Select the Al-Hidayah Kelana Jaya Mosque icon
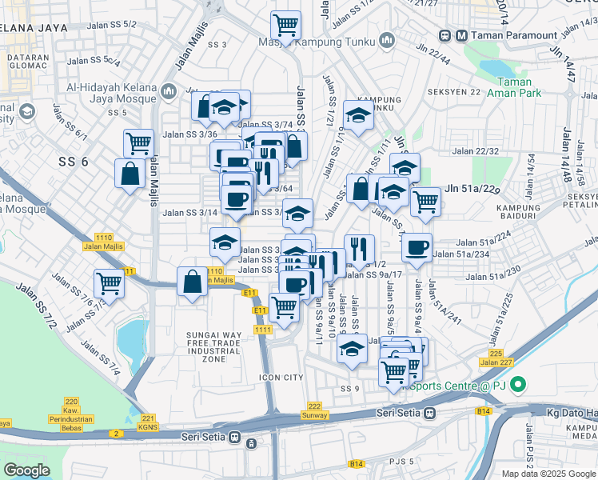pos(168,93)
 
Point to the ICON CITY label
pos(281,377)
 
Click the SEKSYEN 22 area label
pos(454,91)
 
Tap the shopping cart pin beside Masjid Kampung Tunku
pos(285,25)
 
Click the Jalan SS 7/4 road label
pos(101,360)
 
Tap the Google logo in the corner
pos(26,470)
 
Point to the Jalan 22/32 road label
pos(475,151)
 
